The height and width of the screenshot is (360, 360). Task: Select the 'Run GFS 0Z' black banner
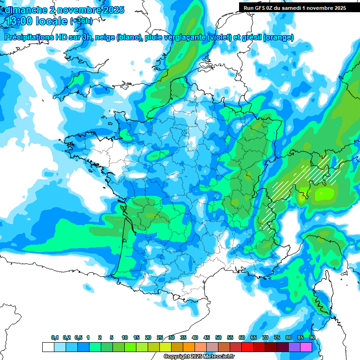(x=299, y=7)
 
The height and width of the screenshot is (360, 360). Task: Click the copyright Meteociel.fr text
(x=199, y=357)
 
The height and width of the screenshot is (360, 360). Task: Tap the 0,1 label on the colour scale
(x=55, y=338)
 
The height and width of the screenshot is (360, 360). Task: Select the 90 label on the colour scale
(x=312, y=338)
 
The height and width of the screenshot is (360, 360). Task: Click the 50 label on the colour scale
(x=218, y=338)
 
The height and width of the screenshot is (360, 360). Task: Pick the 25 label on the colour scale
(x=160, y=338)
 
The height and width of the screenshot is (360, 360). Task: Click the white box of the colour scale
(x=48, y=347)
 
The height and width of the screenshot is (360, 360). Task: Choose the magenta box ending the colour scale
(x=306, y=347)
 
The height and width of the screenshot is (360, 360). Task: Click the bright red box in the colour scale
(x=247, y=347)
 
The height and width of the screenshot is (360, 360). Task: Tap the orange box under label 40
(x=189, y=347)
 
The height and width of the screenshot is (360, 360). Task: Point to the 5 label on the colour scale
(x=112, y=338)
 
